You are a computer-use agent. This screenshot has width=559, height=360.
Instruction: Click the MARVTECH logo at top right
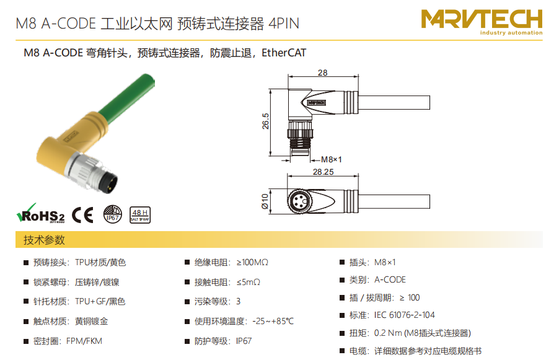click(x=482, y=22)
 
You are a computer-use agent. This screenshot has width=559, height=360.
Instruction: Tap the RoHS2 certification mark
click(x=41, y=214)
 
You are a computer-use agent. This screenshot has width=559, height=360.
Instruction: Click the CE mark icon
click(x=82, y=215)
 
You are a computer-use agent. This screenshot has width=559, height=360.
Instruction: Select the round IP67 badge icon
click(x=113, y=214)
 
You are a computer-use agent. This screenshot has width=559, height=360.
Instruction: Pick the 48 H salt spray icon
click(x=140, y=215)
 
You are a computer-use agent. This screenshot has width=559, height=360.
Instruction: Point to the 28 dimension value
click(x=323, y=72)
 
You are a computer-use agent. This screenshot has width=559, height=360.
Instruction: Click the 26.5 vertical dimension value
click(x=266, y=121)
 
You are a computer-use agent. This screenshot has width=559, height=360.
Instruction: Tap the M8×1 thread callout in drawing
click(x=331, y=159)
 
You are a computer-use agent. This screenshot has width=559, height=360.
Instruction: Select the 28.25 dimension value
click(x=324, y=172)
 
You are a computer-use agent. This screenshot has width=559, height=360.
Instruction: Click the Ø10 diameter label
click(x=265, y=201)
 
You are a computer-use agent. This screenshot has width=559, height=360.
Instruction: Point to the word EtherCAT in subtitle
click(x=284, y=53)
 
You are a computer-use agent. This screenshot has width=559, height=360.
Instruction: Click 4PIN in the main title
click(x=284, y=24)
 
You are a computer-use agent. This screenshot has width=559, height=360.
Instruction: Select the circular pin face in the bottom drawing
click(x=299, y=201)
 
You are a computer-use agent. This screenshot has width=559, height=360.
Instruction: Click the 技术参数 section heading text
click(x=44, y=240)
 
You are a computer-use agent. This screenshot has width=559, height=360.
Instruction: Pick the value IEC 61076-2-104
click(x=404, y=315)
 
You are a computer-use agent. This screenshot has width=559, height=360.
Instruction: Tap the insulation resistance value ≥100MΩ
click(x=252, y=263)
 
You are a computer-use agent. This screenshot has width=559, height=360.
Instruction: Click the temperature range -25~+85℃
click(x=273, y=322)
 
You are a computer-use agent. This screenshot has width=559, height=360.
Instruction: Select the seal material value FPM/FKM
click(x=84, y=341)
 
